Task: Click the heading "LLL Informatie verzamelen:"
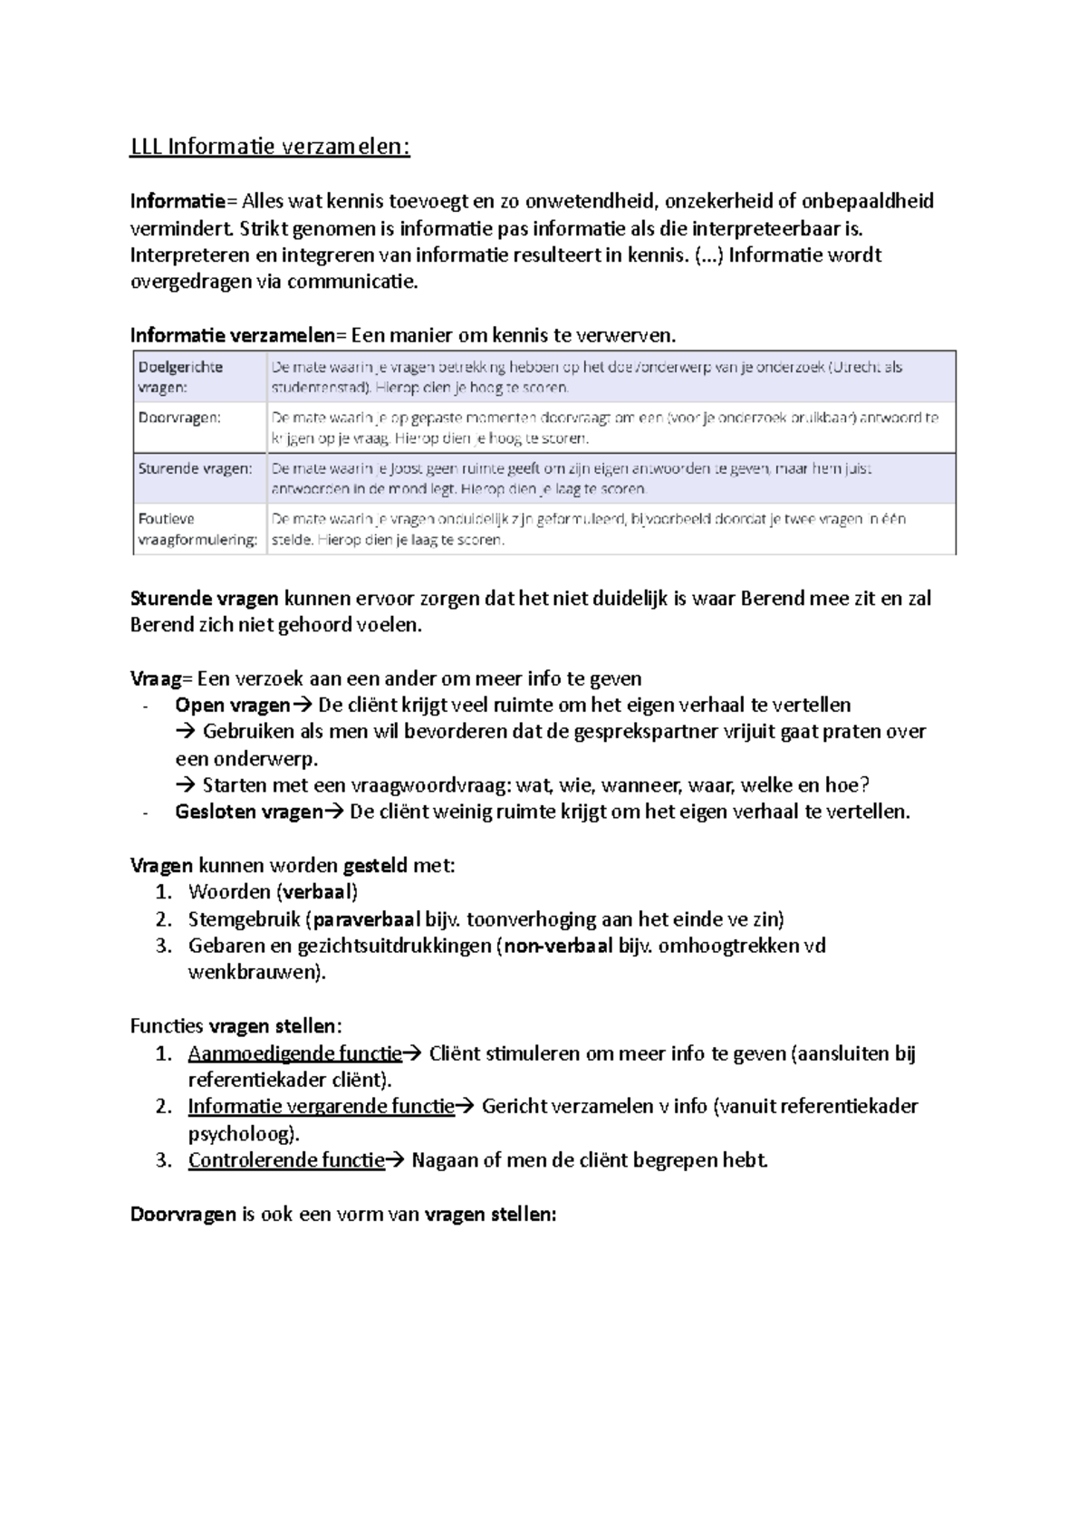(270, 147)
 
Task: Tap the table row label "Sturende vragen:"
(195, 469)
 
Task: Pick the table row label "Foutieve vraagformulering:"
(197, 529)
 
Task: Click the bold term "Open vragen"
(232, 706)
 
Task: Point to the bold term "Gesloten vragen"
(248, 812)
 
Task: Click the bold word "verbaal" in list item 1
(318, 892)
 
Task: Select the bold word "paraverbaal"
(366, 919)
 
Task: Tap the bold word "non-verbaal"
(558, 946)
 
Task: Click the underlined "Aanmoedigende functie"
(294, 1053)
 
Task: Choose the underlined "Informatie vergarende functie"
(321, 1106)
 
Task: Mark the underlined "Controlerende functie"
(286, 1160)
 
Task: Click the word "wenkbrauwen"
(253, 973)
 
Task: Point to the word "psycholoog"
(240, 1133)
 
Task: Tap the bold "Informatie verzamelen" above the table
(232, 336)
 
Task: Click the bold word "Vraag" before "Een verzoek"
(156, 679)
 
